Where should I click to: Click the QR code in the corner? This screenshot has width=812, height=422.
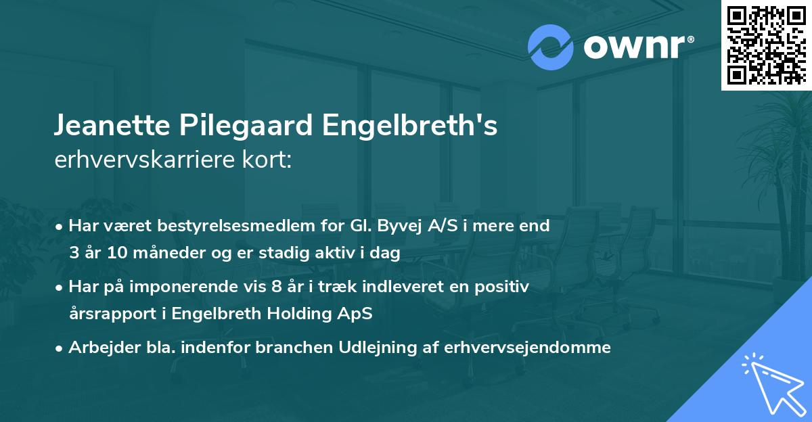coord(766,45)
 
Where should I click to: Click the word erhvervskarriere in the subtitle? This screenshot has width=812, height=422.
coord(137,160)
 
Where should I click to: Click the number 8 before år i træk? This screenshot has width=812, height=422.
coord(277,287)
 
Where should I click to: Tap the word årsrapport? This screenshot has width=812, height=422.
coord(107,314)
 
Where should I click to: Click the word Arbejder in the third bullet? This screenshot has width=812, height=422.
coord(99,348)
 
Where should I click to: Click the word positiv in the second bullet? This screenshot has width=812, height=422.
coord(505,287)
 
